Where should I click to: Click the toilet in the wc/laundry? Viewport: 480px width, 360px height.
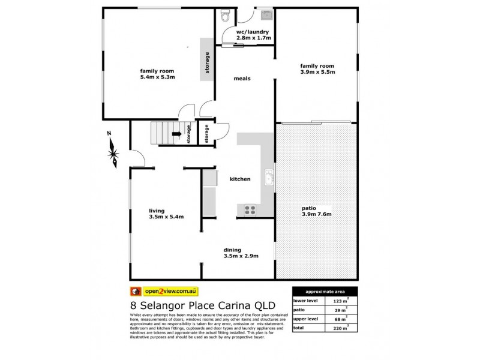click(x=226, y=14)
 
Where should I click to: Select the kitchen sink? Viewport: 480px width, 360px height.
click(x=269, y=178)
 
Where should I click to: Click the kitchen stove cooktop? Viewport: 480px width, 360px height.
click(x=248, y=210)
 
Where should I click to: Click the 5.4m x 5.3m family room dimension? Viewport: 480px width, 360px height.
click(x=157, y=77)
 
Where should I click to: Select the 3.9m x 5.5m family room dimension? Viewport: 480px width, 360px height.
click(x=317, y=72)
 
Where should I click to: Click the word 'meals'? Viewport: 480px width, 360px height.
click(x=242, y=79)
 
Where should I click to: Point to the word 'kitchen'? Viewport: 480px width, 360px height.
click(x=241, y=179)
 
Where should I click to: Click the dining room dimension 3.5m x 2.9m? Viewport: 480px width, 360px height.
click(x=241, y=256)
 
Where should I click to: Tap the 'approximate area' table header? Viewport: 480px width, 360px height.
click(x=325, y=289)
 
